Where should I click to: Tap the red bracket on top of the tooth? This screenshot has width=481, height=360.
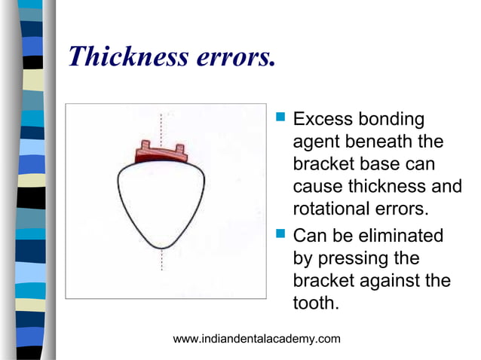click(161, 154)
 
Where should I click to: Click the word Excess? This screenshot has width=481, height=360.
click(320, 119)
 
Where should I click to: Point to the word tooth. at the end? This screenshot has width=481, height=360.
click(315, 303)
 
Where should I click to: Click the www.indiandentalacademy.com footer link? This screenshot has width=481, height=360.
click(256, 339)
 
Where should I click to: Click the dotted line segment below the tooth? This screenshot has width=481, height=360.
click(161, 260)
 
